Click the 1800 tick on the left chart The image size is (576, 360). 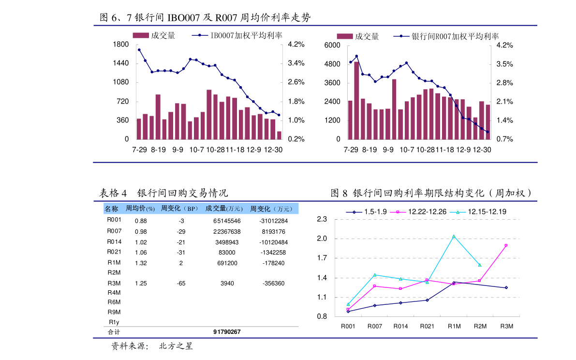pyautogui.click(x=120, y=45)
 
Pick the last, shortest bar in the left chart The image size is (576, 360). pyautogui.click(x=279, y=135)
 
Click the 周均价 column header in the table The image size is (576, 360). pyautogui.click(x=140, y=209)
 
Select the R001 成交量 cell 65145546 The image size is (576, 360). pyautogui.click(x=227, y=221)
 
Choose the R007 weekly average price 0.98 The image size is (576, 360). pyautogui.click(x=141, y=232)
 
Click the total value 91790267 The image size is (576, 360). pyautogui.click(x=227, y=332)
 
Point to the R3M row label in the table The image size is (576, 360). pyautogui.click(x=114, y=283)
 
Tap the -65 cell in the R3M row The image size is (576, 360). pyautogui.click(x=181, y=284)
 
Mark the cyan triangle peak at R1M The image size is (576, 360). pyautogui.click(x=454, y=236)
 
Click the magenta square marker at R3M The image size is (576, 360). pyautogui.click(x=506, y=245)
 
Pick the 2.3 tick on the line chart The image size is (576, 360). pyautogui.click(x=322, y=219)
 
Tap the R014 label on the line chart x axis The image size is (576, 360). pyautogui.click(x=400, y=326)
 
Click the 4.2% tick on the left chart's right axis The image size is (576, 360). pyautogui.click(x=296, y=45)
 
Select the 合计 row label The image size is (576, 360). pyautogui.click(x=114, y=332)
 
